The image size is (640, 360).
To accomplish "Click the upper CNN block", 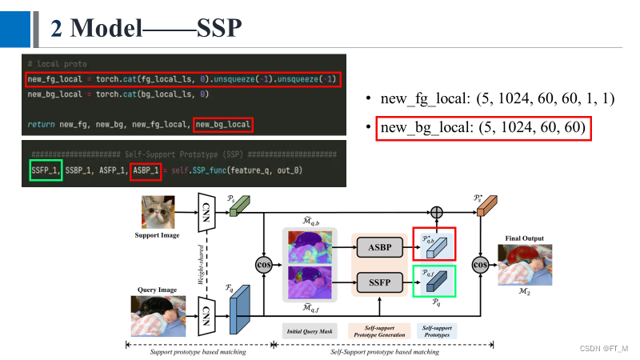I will [206, 211].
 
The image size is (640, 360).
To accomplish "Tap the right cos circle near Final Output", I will [481, 263].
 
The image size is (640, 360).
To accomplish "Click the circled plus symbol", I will [436, 212].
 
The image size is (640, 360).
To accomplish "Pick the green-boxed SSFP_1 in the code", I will [46, 170].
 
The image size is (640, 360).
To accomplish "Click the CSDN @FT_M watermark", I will [603, 350].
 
